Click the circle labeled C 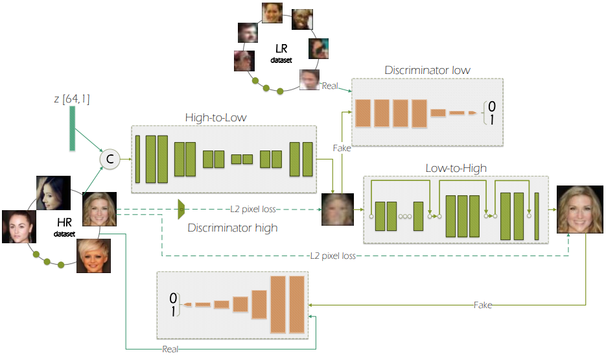(x=109, y=159)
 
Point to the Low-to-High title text (x=456, y=169)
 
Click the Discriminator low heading (x=427, y=70)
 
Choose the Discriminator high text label (x=232, y=228)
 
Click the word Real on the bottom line (x=170, y=349)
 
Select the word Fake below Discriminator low (x=342, y=148)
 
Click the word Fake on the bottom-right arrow (x=483, y=304)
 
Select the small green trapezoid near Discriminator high (x=181, y=209)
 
